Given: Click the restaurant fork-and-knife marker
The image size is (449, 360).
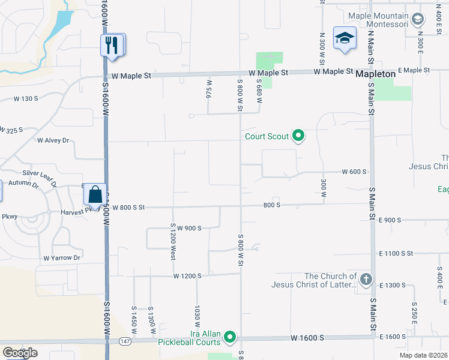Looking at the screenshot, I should [112, 46].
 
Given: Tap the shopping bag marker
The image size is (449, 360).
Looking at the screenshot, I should [95, 194].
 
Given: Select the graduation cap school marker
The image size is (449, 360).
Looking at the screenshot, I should [345, 39].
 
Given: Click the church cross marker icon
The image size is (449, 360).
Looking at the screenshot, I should [366, 279].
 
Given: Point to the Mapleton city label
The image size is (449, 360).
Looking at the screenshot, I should [375, 74].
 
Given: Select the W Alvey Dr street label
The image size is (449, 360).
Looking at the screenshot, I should [53, 140].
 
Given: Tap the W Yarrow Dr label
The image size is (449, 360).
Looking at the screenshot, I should [61, 258].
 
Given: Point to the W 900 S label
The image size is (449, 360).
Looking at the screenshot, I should [188, 228].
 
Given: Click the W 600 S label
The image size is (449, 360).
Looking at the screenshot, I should [354, 172].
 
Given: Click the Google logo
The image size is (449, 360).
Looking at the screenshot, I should [20, 353].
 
